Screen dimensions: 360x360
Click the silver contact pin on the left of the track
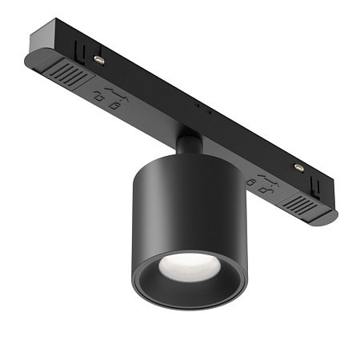point(98,60)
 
